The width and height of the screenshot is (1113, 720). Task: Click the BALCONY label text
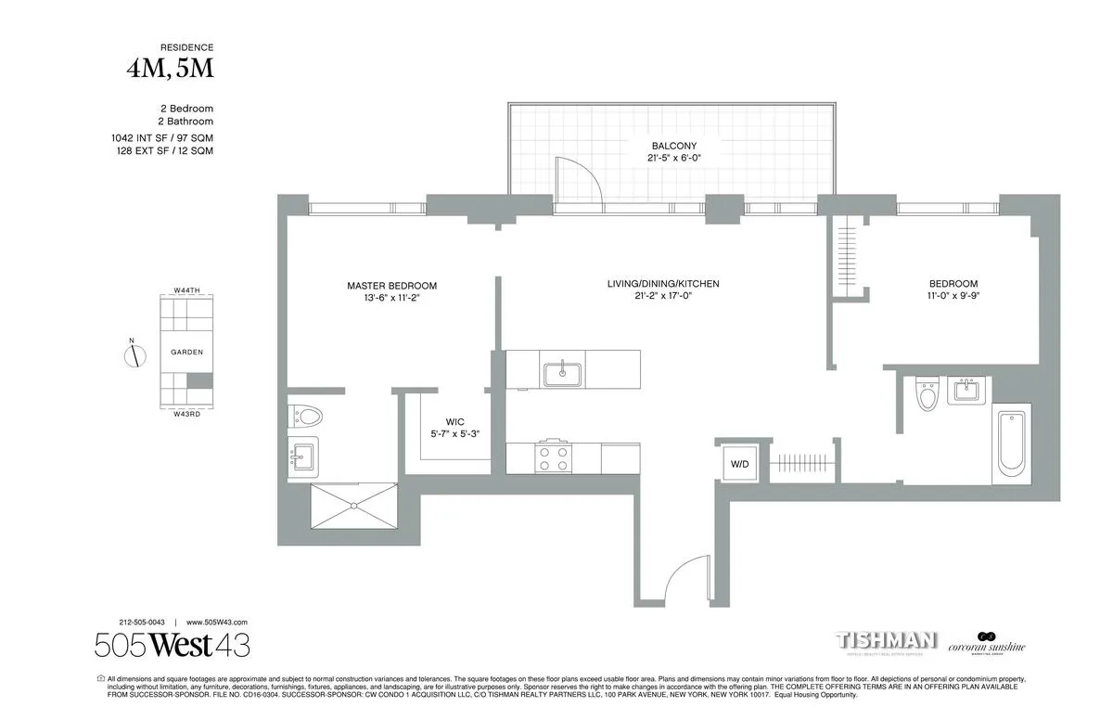[672, 147]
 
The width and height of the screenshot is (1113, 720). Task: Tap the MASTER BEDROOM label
[391, 286]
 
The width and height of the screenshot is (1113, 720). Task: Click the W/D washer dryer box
[739, 462]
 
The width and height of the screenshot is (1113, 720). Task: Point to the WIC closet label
[454, 421]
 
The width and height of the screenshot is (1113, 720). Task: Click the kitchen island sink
[562, 373]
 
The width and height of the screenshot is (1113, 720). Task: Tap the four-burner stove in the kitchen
[554, 457]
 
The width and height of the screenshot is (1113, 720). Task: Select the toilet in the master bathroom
[305, 415]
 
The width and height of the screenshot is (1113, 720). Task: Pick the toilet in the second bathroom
[927, 394]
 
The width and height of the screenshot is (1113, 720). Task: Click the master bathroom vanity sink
[302, 456]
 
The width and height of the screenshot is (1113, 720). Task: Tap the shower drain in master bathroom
[353, 505]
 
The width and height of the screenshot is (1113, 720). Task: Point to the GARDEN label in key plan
[186, 353]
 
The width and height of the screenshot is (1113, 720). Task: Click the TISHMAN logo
[886, 641]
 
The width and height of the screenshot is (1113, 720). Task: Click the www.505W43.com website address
[217, 623]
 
